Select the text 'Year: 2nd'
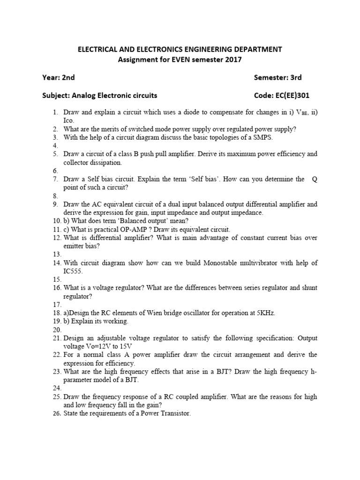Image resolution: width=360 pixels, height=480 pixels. tap(59, 77)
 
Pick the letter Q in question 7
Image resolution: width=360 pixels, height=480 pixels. tap(315, 179)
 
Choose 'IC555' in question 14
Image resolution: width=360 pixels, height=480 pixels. tap(73, 271)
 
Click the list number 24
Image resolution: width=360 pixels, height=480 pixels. tap(56, 388)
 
